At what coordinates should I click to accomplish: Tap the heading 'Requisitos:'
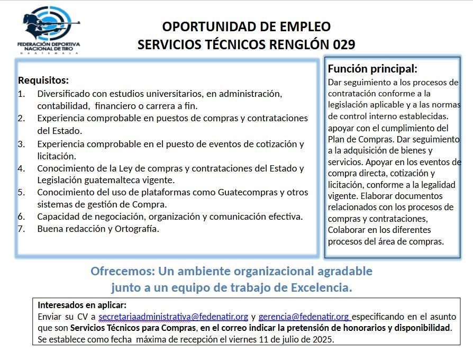[x=43, y=80]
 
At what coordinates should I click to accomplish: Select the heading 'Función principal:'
[x=372, y=69]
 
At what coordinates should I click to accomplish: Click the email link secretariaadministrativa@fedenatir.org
[x=173, y=317]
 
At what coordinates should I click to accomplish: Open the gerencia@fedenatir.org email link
[x=304, y=317]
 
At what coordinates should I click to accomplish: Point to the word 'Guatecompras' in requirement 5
[x=245, y=192]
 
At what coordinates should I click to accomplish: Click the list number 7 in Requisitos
[x=21, y=229]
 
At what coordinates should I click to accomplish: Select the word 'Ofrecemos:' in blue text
[x=121, y=272]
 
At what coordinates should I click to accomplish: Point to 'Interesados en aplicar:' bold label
[x=82, y=305]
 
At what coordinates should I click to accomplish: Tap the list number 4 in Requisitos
[x=21, y=168]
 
